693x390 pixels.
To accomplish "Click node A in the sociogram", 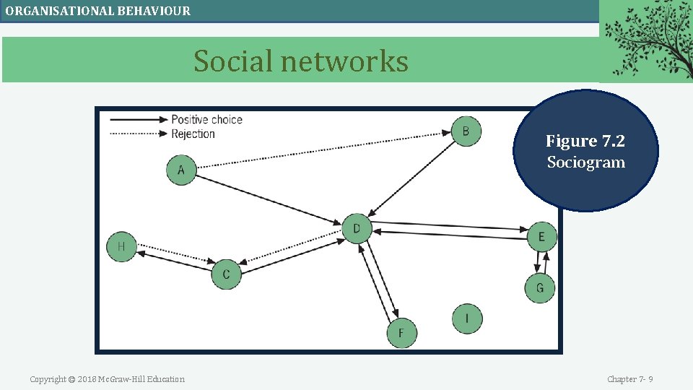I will [181, 170].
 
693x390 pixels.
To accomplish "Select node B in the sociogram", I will [466, 131].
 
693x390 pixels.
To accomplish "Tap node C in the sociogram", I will [226, 274].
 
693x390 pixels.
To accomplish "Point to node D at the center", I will [356, 229].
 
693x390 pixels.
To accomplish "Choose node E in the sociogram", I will [542, 236].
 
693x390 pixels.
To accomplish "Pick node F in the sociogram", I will [401, 333].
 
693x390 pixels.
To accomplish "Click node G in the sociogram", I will [540, 288].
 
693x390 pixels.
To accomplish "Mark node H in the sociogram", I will [121, 246].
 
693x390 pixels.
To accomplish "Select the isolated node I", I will [467, 318].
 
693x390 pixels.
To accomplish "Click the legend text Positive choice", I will [206, 120].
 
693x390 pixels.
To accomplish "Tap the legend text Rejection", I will [193, 134].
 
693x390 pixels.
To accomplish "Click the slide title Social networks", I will [300, 61].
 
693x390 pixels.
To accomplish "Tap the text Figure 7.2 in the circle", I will [585, 141].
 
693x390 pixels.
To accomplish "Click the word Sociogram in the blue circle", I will [585, 162].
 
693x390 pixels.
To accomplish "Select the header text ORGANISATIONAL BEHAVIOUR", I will [98, 11].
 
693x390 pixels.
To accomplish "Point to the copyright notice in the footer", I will [107, 379].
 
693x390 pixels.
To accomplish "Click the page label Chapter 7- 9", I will [629, 379].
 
